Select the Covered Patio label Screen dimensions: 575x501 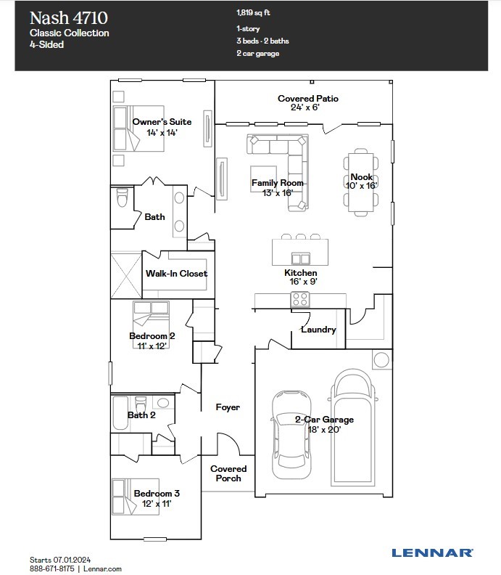pyautogui.click(x=307, y=99)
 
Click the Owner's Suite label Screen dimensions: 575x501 pyautogui.click(x=162, y=122)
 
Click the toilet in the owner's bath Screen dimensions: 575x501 pyautogui.click(x=121, y=197)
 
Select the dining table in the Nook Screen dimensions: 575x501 pyautogui.click(x=360, y=182)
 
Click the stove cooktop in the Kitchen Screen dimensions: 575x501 pyautogui.click(x=300, y=298)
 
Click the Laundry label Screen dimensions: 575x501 pyautogui.click(x=318, y=330)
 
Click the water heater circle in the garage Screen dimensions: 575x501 pyautogui.click(x=381, y=359)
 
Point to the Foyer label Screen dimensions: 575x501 pyautogui.click(x=228, y=408)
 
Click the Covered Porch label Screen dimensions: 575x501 pyautogui.click(x=228, y=473)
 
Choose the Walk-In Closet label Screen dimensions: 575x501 pyautogui.click(x=176, y=274)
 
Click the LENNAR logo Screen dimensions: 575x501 pyautogui.click(x=432, y=552)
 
